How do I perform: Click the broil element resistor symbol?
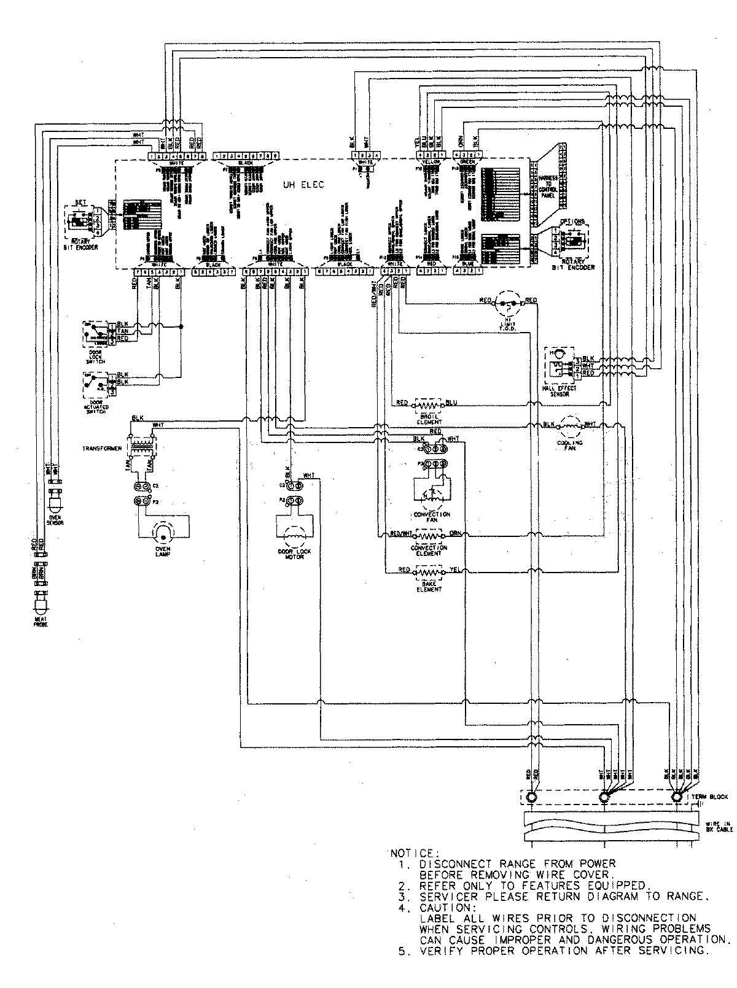coord(428,405)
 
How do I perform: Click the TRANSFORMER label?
coord(98,449)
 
